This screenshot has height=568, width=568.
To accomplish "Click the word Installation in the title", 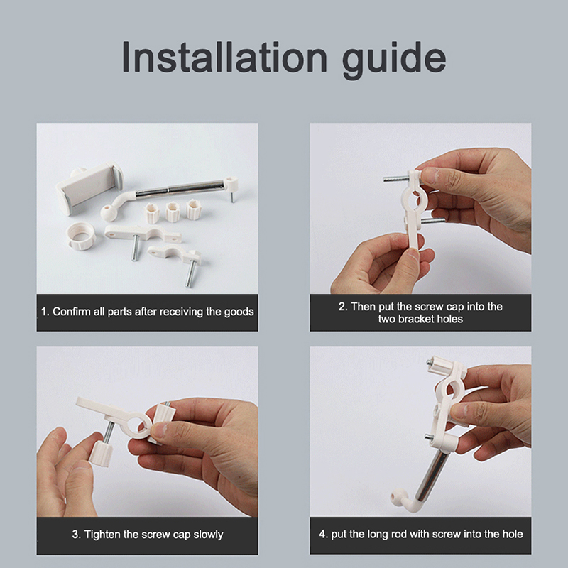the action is pyautogui.click(x=224, y=58).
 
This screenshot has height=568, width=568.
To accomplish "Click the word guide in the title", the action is pyautogui.click(x=394, y=60).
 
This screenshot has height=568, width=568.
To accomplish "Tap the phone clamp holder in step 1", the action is pyautogui.click(x=89, y=187).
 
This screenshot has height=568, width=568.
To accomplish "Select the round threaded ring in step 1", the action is pyautogui.click(x=82, y=235).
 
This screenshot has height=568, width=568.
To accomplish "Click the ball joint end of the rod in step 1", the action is pyautogui.click(x=108, y=213).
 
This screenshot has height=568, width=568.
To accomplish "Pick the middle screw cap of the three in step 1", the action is pyautogui.click(x=173, y=212).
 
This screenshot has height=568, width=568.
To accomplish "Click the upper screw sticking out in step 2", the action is pyautogui.click(x=396, y=179).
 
